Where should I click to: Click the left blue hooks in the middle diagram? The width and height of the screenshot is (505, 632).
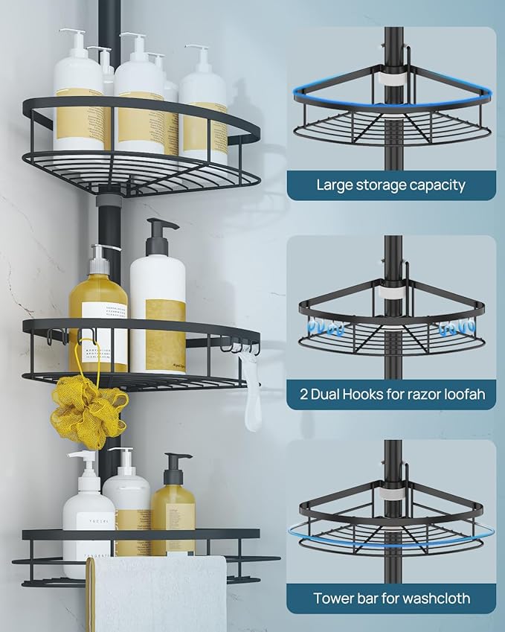(325, 327)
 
